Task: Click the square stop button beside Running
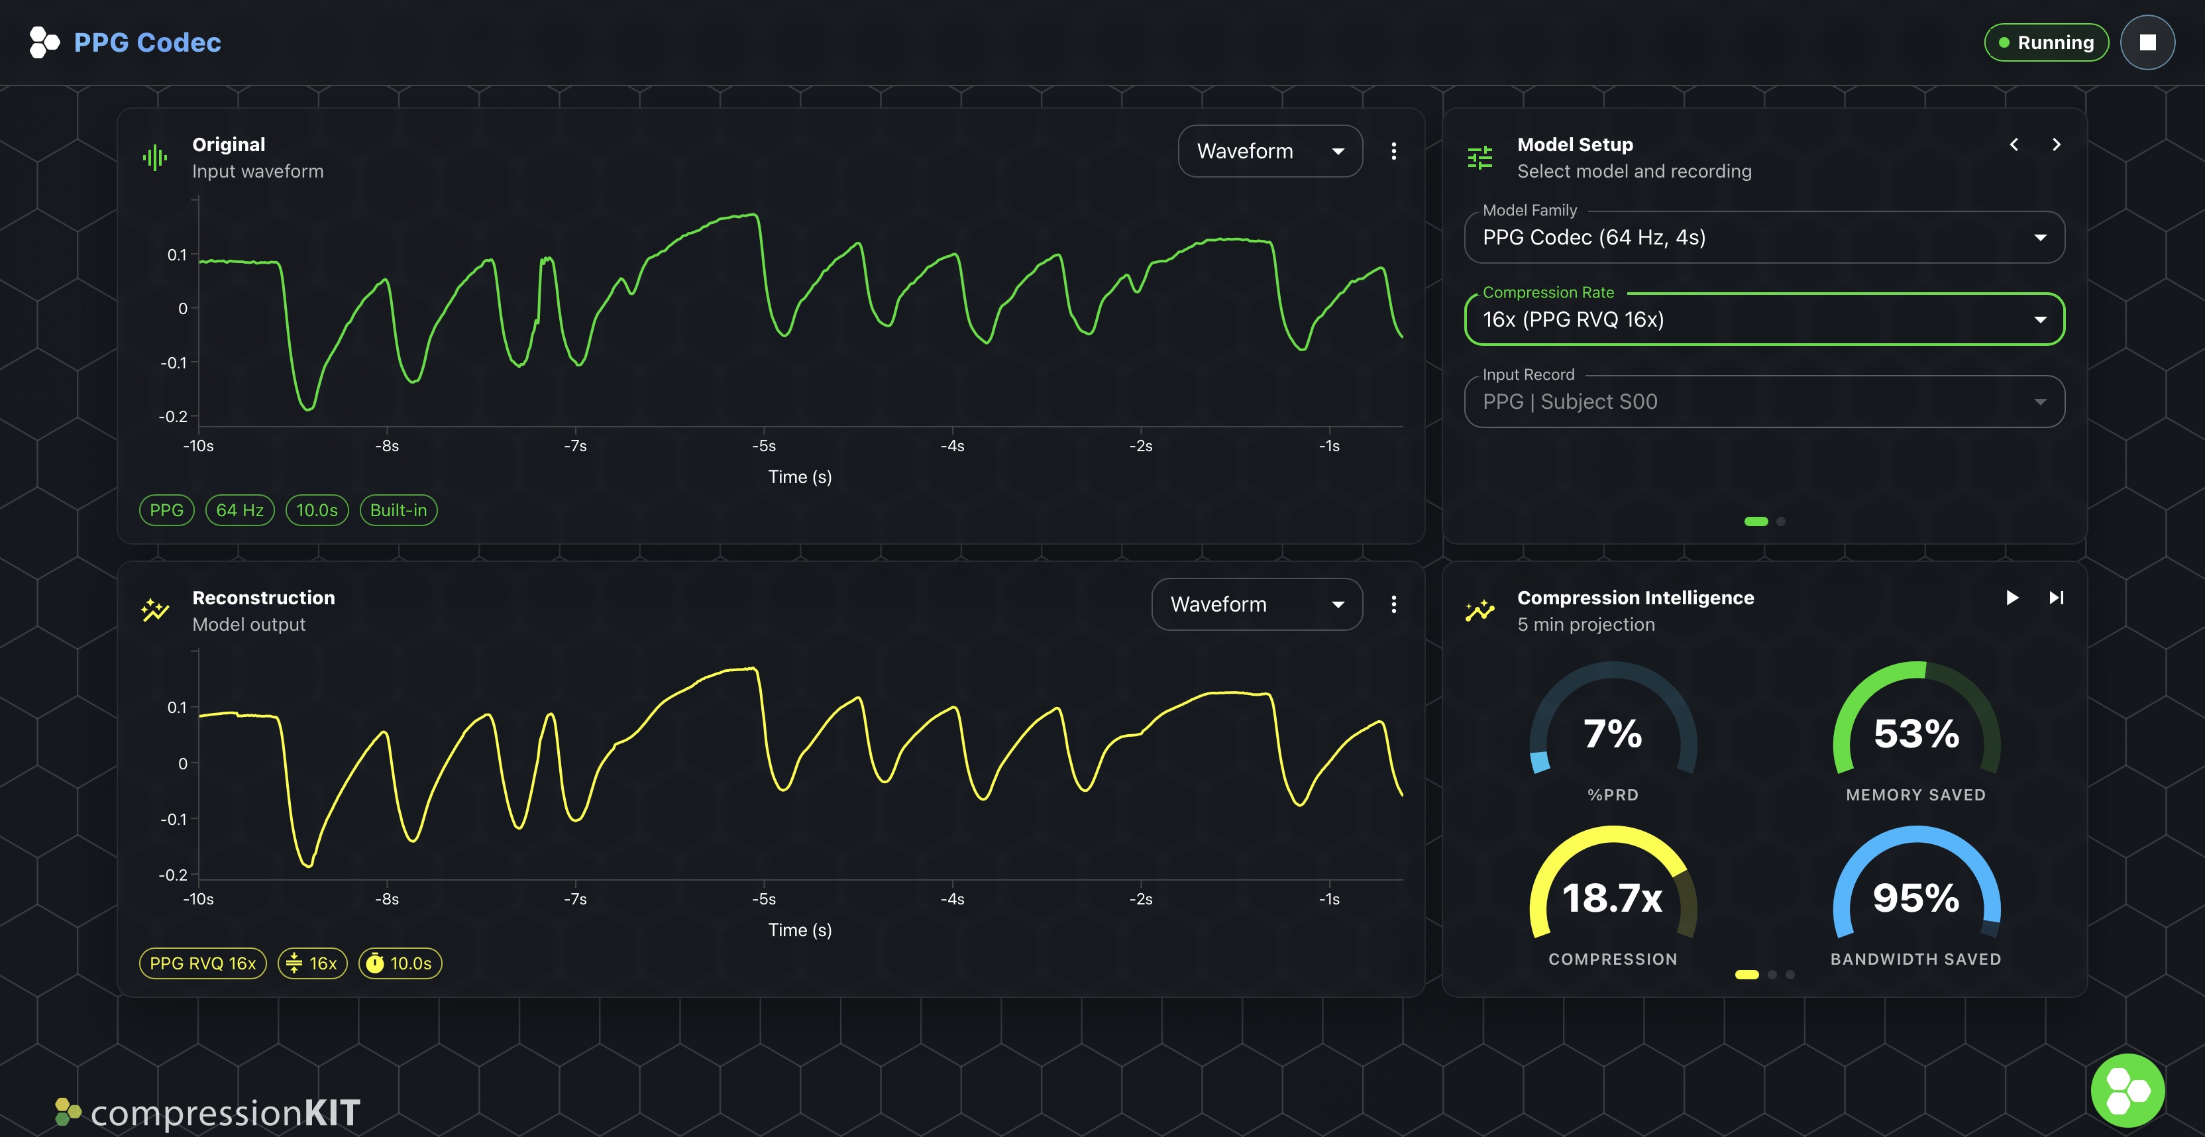click(2147, 43)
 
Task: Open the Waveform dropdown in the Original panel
click(1269, 152)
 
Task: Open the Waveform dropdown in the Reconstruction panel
click(1256, 604)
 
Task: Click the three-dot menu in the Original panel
click(1393, 152)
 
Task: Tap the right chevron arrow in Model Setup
click(2056, 144)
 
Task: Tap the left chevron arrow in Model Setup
click(2014, 144)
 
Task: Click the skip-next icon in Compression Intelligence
click(2056, 598)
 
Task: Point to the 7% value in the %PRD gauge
click(1613, 733)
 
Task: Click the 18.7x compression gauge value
click(1613, 898)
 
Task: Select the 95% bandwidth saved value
click(1915, 898)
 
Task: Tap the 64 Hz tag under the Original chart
click(240, 510)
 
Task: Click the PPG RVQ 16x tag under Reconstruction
click(203, 963)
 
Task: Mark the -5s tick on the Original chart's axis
click(763, 446)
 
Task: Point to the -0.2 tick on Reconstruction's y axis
click(173, 875)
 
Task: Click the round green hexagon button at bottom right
click(2127, 1090)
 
